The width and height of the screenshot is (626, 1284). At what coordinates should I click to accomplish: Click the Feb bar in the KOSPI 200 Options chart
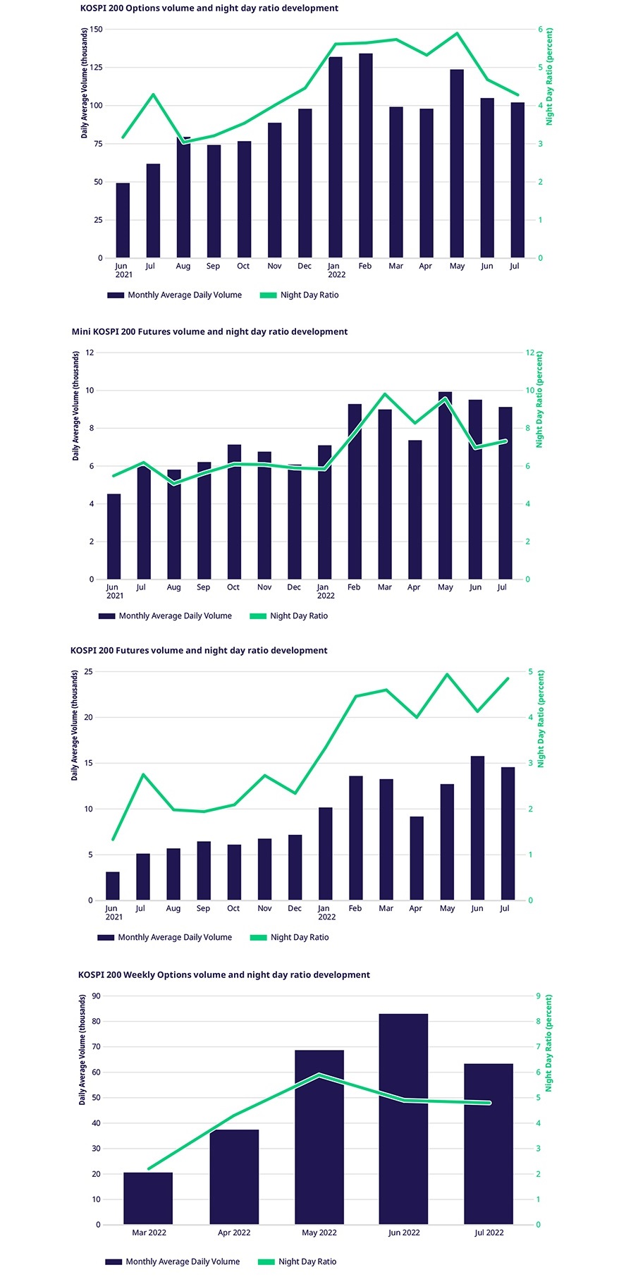(x=365, y=155)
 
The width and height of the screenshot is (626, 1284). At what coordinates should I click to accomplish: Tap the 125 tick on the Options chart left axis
(x=96, y=68)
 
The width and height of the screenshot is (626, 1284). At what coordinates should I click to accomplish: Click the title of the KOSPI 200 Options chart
(x=209, y=8)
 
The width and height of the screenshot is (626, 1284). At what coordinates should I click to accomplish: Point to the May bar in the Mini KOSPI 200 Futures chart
(x=445, y=487)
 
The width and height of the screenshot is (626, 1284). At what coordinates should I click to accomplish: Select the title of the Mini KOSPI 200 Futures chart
(x=209, y=331)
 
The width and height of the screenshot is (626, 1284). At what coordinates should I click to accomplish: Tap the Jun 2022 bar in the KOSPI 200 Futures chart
(x=477, y=829)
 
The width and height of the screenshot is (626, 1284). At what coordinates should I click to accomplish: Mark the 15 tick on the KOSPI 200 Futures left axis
(x=89, y=763)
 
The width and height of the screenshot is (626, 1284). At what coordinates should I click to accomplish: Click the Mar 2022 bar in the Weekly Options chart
(x=148, y=1198)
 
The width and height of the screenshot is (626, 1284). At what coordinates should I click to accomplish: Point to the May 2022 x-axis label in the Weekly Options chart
(x=319, y=1233)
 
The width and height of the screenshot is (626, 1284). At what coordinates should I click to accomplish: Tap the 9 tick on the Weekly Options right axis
(x=538, y=996)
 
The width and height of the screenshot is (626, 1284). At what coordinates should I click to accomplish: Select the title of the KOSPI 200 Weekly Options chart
(x=223, y=974)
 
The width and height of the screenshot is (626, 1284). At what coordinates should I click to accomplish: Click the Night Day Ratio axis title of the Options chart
(x=550, y=76)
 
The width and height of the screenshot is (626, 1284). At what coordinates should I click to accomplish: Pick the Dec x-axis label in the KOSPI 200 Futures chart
(x=295, y=908)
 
